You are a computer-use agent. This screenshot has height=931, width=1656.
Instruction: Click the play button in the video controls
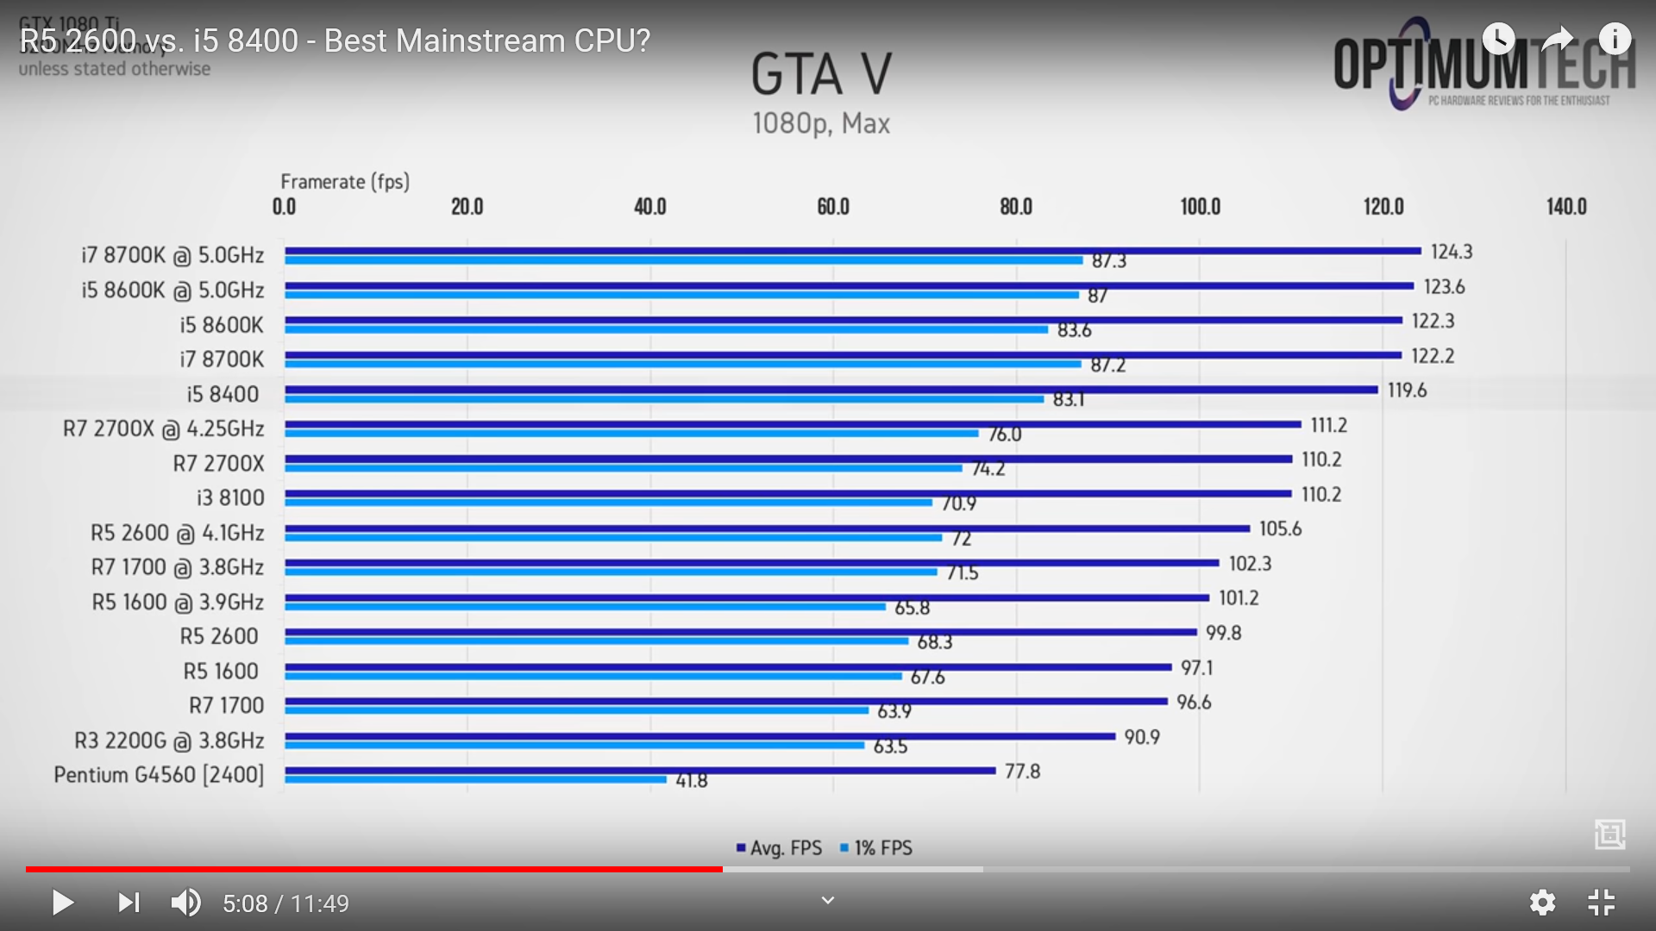(x=62, y=903)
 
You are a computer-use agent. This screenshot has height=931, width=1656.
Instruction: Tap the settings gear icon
(x=1542, y=903)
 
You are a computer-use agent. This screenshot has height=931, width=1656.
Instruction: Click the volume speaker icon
(x=185, y=903)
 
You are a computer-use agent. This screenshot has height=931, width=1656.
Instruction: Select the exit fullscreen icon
(x=1602, y=903)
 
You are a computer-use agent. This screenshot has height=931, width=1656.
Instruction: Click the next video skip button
(x=129, y=903)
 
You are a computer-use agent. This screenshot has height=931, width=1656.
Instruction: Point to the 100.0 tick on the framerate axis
(x=1200, y=207)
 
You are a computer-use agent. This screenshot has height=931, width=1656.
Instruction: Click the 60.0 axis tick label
(x=833, y=207)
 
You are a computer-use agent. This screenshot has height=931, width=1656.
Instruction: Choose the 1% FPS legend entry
(x=876, y=848)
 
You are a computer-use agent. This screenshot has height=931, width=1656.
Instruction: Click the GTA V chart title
(x=821, y=74)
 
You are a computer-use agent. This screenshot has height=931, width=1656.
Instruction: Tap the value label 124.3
(x=1452, y=252)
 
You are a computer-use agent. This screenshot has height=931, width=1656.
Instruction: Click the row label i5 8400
(x=223, y=394)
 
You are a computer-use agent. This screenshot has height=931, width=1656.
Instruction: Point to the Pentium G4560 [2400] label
(x=159, y=775)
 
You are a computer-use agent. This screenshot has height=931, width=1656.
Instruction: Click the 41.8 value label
(x=691, y=781)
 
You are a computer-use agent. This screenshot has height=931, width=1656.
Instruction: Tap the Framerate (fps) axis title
(x=345, y=182)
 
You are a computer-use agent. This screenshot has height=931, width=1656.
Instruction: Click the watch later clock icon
(x=1498, y=39)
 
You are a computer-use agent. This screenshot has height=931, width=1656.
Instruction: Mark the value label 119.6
(x=1407, y=391)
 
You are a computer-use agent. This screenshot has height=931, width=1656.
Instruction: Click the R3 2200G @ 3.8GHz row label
(x=169, y=740)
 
